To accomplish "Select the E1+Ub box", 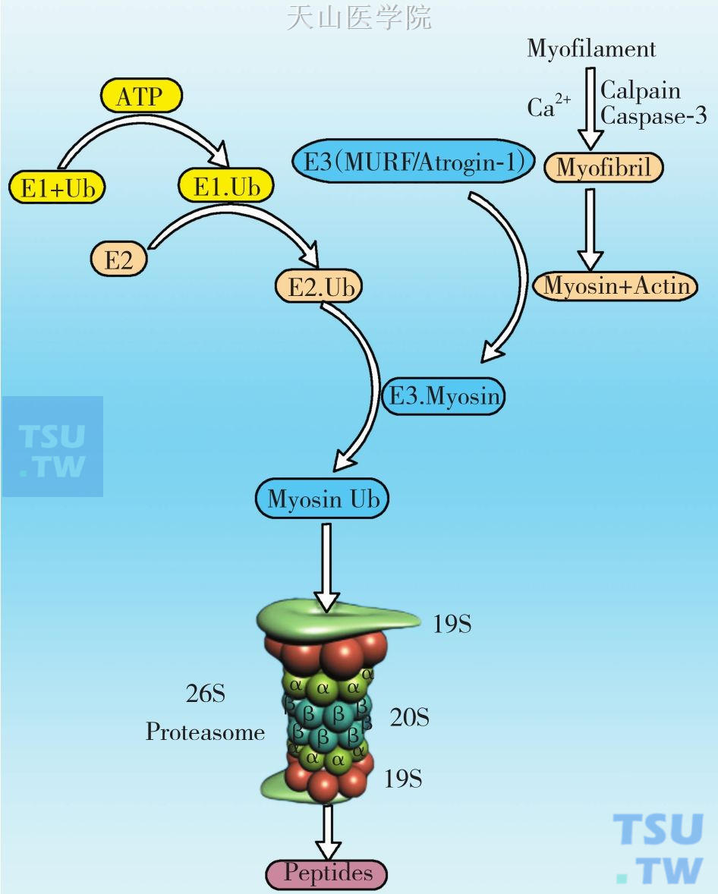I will (57, 187).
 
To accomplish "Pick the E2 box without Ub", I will (118, 260).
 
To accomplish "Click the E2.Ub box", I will (319, 288).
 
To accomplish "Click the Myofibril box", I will (604, 167).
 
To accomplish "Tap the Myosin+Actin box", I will (616, 285).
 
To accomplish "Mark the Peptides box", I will (328, 874).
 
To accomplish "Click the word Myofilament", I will (591, 49).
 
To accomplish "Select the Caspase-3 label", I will (653, 115).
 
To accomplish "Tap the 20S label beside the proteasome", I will (409, 717).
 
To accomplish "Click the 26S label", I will (205, 693).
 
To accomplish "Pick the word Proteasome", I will (205, 732).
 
